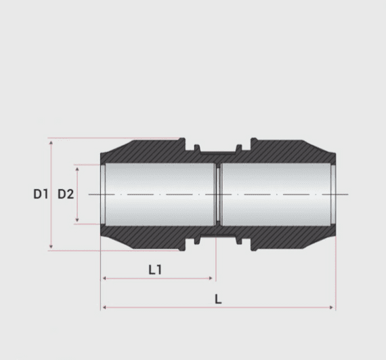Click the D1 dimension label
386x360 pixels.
tap(41, 195)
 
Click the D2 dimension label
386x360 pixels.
tap(66, 195)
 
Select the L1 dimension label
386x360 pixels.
tap(155, 269)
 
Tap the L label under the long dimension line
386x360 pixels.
tap(218, 299)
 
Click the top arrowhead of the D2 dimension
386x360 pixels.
tap(79, 167)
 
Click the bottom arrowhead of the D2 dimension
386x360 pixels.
tap(79, 221)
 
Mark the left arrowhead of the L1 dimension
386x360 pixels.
tap(104, 278)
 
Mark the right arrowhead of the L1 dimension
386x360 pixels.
tap(212, 278)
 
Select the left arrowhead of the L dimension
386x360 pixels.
tap(104, 308)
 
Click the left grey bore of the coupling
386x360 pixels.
tap(158, 195)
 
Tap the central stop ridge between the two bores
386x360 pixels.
tap(218, 195)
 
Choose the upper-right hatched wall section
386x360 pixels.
tap(291, 153)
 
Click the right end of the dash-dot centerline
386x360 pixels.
tap(346, 195)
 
